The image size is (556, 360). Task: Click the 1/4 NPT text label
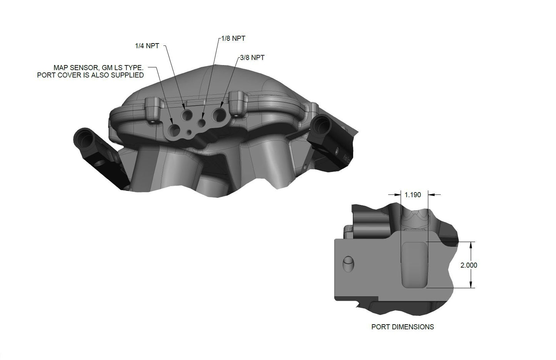[x=147, y=46]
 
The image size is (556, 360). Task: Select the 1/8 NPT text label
[x=233, y=39]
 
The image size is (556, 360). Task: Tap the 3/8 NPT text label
[x=252, y=58]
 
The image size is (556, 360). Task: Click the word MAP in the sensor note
[x=60, y=67]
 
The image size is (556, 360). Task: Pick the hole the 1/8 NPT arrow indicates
[x=202, y=122]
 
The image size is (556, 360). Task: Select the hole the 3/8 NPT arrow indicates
[x=220, y=114]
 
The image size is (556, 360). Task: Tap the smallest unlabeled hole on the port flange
[x=189, y=133]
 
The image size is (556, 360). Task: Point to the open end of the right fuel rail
[x=320, y=124]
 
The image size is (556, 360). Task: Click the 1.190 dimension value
[x=413, y=195]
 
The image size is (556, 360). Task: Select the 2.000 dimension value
[x=469, y=265]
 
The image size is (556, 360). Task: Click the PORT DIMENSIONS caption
[x=402, y=327]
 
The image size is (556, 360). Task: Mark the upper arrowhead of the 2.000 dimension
[x=471, y=244]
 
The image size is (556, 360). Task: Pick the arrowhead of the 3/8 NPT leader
[x=222, y=105]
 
